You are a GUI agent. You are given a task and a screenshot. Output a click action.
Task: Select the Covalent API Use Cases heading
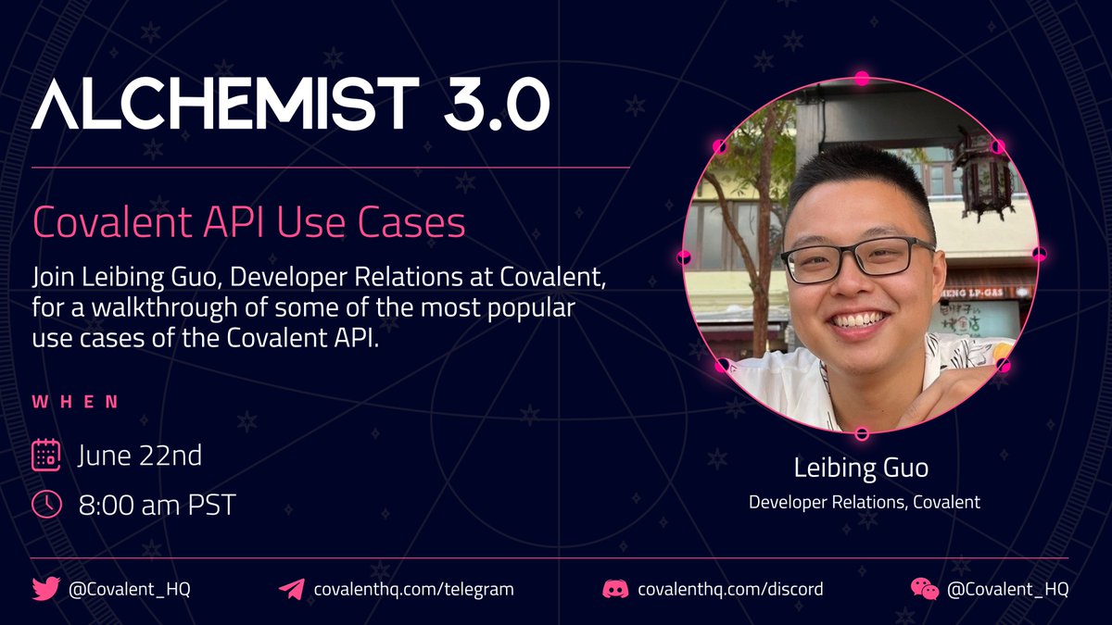coord(248,222)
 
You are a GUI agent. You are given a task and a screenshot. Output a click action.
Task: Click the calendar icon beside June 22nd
coord(46,456)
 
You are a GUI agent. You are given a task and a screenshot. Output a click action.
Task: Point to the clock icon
coord(46,505)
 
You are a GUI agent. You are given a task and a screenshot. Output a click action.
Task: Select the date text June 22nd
coord(139,456)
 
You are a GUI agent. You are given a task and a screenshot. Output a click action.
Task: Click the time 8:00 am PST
coord(157,506)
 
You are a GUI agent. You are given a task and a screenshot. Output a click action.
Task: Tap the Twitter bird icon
coord(45,589)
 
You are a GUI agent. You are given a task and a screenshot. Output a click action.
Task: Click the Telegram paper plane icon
coord(291,589)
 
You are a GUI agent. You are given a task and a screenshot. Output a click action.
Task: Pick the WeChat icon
coord(924,589)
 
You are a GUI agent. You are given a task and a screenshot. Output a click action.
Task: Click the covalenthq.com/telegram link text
coord(414,589)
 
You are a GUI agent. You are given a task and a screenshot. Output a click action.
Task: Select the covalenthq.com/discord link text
coord(730,589)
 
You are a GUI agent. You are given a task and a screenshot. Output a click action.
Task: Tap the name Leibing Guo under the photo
coord(861,469)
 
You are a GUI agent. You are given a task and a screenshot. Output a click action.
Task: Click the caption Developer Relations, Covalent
coord(864,503)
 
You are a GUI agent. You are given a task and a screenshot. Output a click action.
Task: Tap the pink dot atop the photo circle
coord(862,79)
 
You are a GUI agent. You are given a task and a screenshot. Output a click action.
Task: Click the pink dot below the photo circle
coord(862,433)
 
